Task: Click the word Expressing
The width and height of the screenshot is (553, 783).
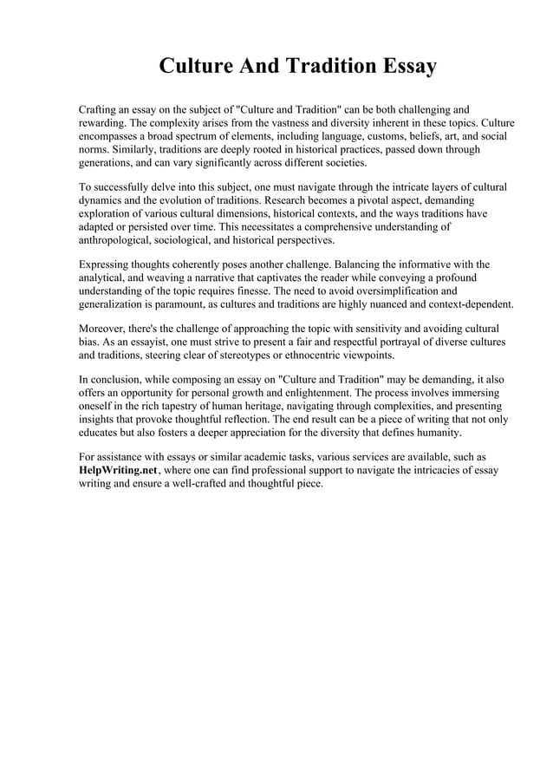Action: click(x=107, y=264)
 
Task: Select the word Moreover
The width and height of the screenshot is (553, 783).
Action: click(x=104, y=328)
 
